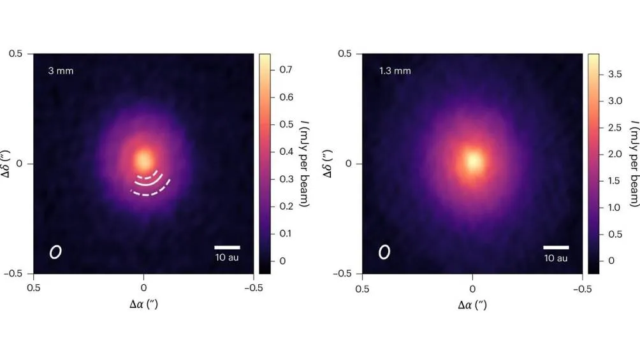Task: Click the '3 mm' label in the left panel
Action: click(x=61, y=71)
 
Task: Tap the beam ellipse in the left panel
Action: click(x=55, y=252)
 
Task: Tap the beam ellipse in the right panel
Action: click(x=384, y=252)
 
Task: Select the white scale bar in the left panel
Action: click(x=227, y=247)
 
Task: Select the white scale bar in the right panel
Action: click(x=556, y=247)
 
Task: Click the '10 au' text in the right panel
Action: click(x=556, y=258)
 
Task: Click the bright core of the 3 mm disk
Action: click(x=144, y=158)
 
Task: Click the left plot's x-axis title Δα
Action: click(x=143, y=304)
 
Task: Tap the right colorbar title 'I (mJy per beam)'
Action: click(x=633, y=164)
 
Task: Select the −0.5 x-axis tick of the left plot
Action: click(x=254, y=287)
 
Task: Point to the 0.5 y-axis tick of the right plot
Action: click(x=344, y=54)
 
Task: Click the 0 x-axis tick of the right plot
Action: click(x=472, y=287)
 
